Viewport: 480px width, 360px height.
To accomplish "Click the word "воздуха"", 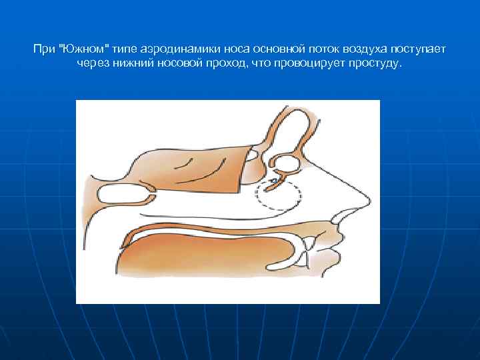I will point(359,50).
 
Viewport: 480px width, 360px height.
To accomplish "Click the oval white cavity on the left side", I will point(123,193).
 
